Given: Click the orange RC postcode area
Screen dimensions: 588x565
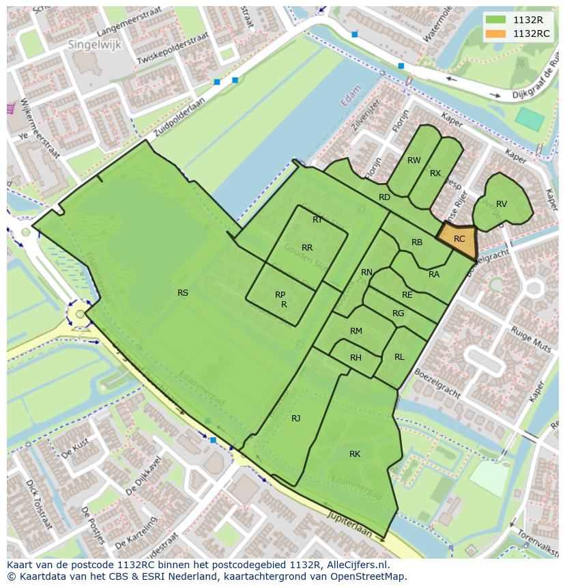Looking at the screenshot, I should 459,238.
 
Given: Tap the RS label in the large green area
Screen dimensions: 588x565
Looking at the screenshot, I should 183,293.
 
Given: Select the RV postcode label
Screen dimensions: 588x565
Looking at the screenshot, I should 502,204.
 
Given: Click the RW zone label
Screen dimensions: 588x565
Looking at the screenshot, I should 414,160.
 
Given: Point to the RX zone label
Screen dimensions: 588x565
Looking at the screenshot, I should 435,173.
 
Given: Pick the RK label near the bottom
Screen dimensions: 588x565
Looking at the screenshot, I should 355,454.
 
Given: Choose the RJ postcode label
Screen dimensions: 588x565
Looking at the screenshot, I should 295,418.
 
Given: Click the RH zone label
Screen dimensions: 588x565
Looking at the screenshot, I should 356,358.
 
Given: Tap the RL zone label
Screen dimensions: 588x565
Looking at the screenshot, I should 399,357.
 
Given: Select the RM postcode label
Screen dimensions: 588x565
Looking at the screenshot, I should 356,331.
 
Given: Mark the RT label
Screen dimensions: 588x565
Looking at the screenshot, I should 317,220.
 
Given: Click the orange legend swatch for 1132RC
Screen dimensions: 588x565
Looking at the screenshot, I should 496,33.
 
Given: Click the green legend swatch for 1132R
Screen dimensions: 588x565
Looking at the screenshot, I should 496,20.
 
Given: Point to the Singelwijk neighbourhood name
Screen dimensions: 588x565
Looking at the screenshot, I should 89,44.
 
